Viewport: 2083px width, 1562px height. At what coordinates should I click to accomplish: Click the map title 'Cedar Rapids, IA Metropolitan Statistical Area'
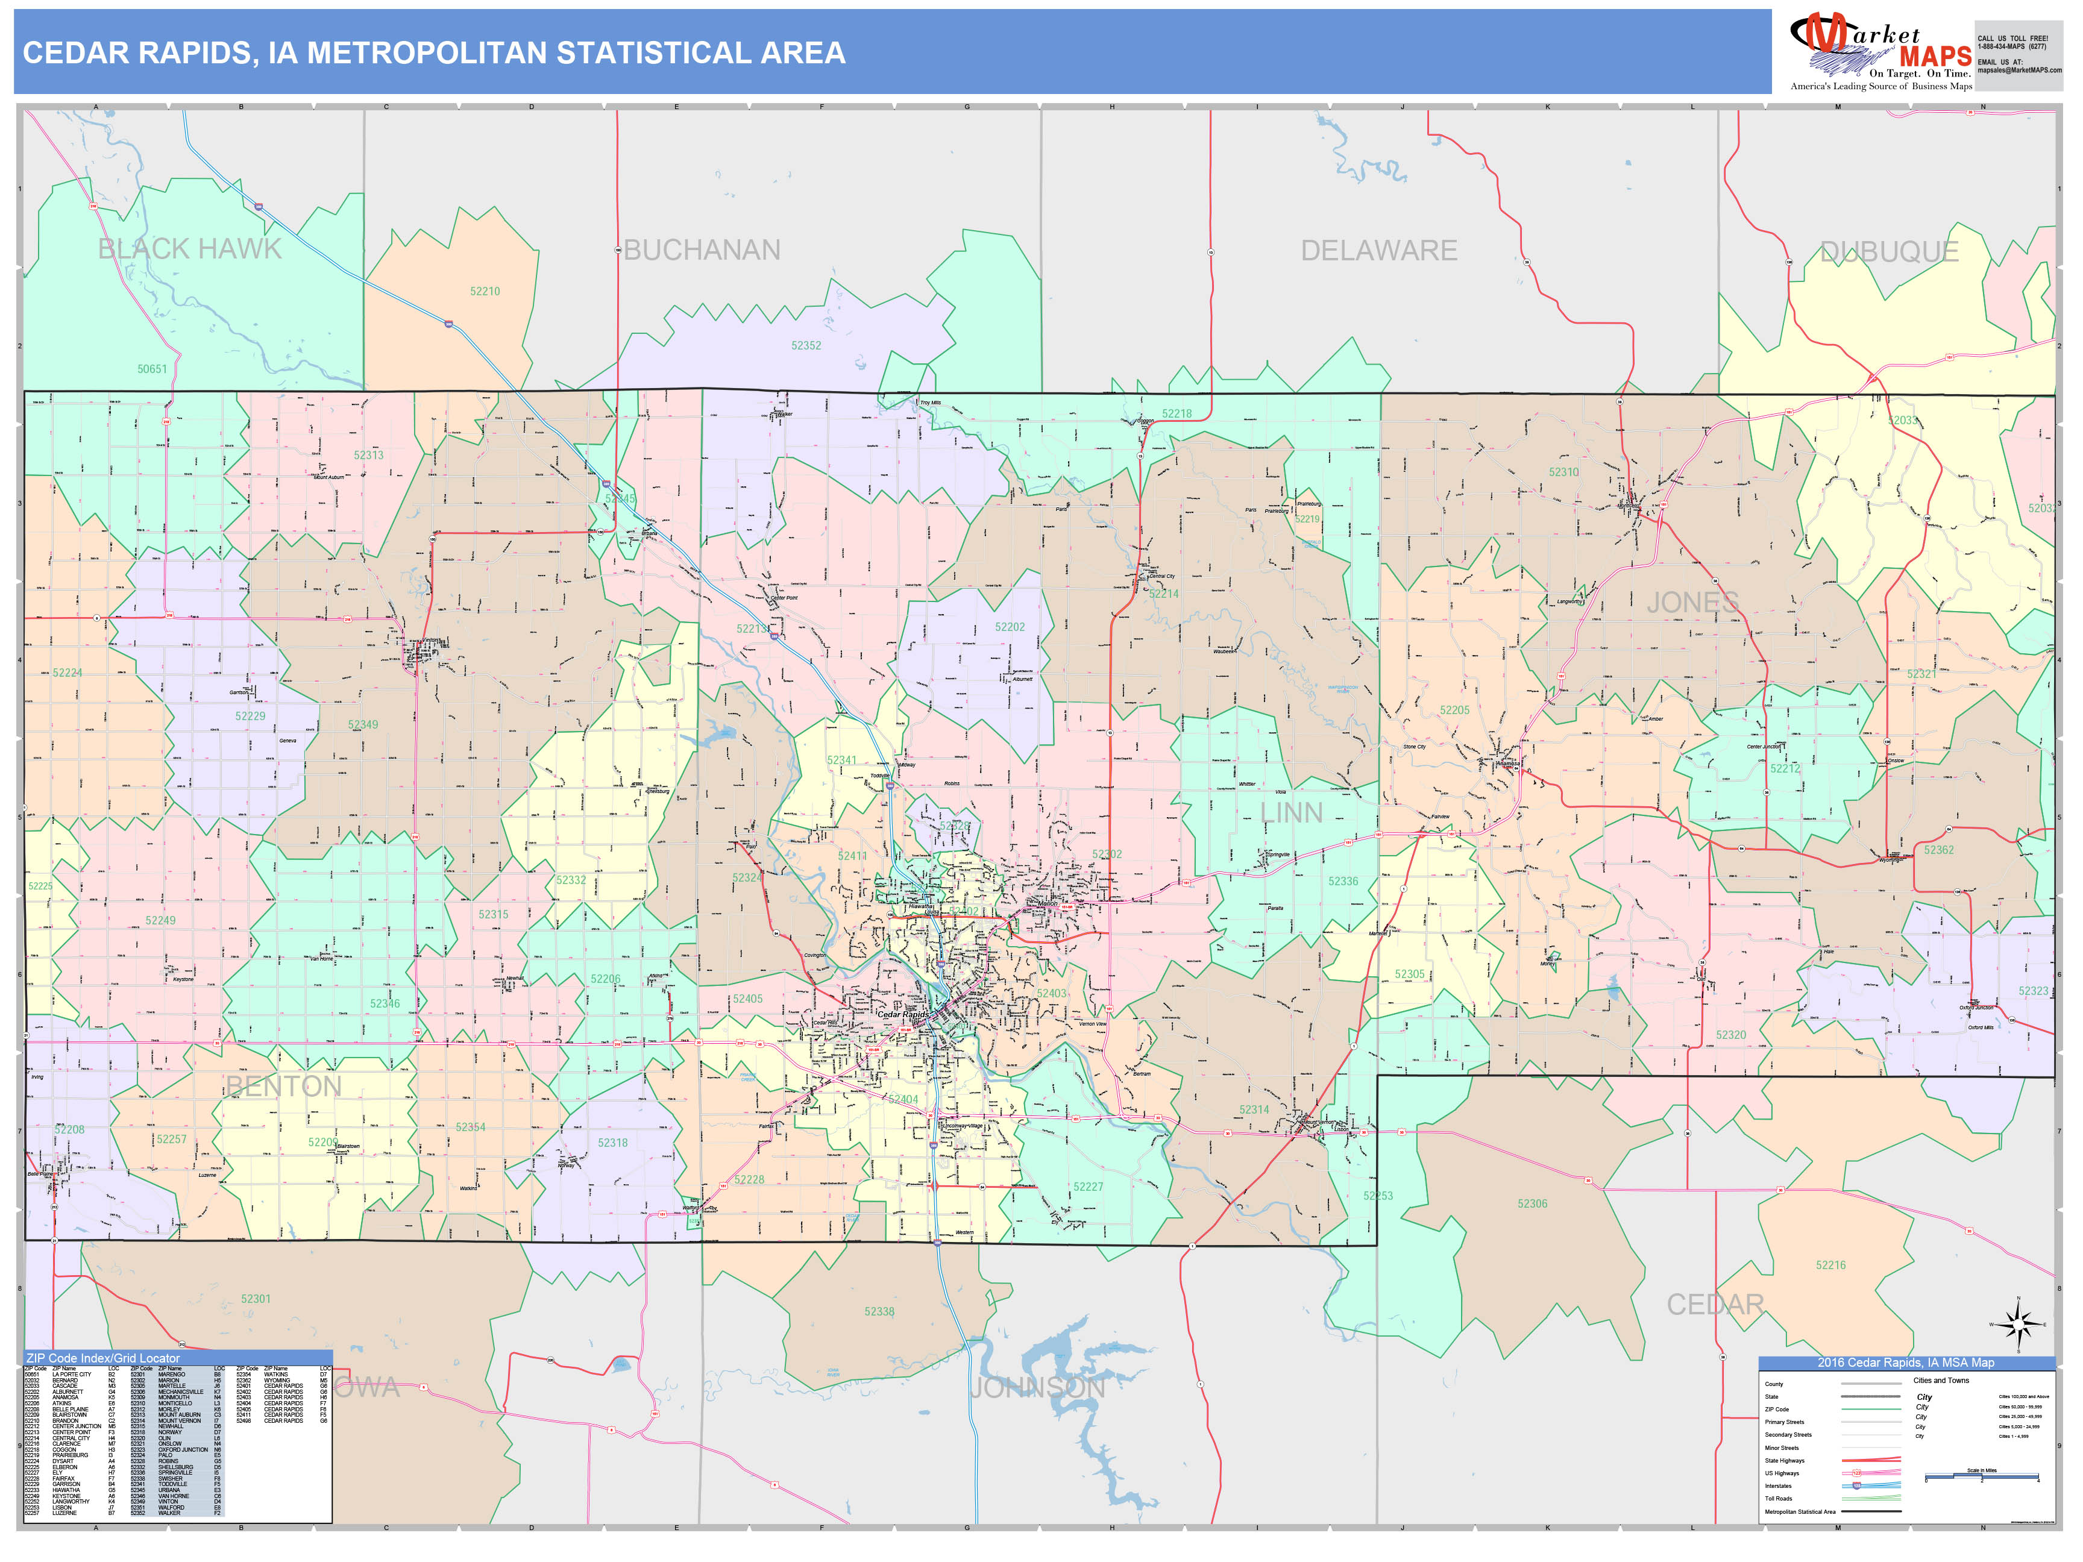coord(434,52)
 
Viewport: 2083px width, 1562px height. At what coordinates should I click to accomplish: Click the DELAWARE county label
coord(1378,251)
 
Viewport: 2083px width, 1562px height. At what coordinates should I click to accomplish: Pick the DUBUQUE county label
coord(1889,251)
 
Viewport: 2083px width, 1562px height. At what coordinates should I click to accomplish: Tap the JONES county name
coord(1692,603)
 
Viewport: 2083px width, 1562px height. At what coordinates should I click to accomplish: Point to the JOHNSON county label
coord(1037,1388)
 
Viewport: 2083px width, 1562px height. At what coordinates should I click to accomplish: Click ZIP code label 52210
coord(485,292)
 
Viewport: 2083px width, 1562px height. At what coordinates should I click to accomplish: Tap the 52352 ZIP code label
coord(806,345)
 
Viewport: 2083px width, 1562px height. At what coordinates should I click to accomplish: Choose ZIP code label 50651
coord(152,369)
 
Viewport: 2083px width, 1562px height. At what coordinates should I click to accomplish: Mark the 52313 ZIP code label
coord(368,456)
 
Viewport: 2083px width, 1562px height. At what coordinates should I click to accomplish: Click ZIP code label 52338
coord(879,1311)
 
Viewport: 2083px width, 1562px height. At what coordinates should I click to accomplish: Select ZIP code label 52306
coord(1532,1203)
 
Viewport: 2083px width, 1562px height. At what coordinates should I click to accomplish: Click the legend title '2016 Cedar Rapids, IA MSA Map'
coord(1905,1363)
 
